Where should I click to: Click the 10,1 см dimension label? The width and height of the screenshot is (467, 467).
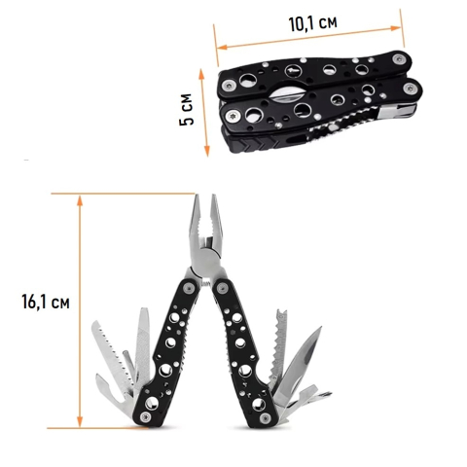(x=312, y=22)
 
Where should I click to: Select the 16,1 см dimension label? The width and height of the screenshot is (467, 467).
(x=44, y=301)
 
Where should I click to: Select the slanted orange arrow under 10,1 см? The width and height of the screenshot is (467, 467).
(x=309, y=37)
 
